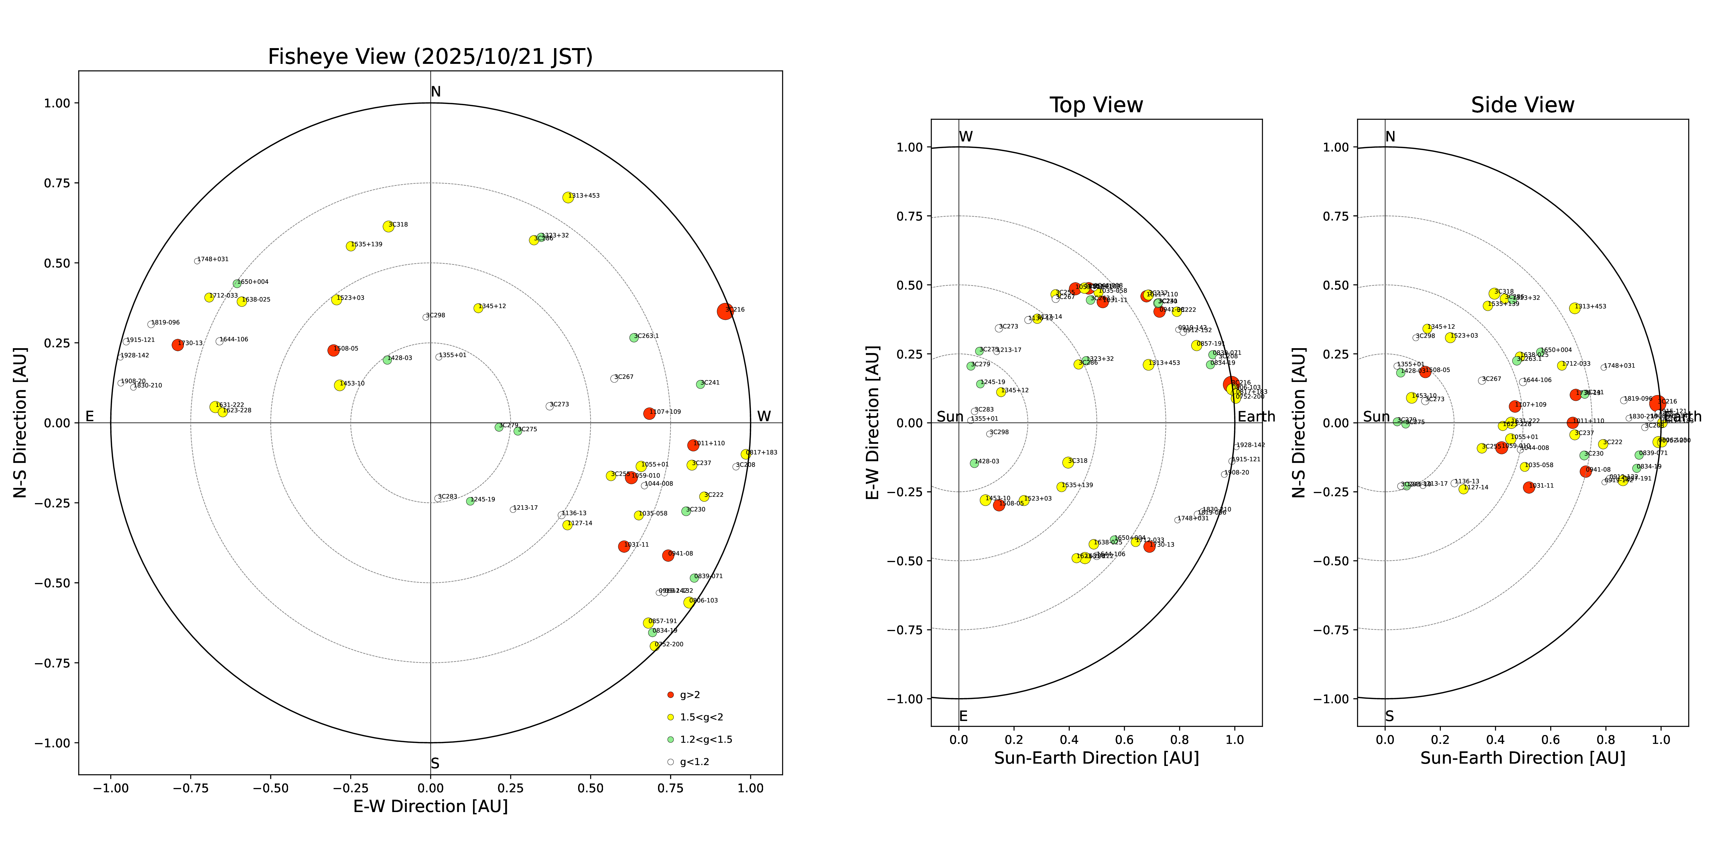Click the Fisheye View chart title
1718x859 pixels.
pyautogui.click(x=430, y=57)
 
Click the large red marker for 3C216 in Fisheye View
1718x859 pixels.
pyautogui.click(x=725, y=312)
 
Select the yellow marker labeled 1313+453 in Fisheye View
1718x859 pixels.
pyautogui.click(x=568, y=197)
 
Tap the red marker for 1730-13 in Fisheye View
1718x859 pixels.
pyautogui.click(x=178, y=345)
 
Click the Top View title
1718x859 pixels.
pyautogui.click(x=1096, y=105)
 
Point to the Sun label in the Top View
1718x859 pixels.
pyautogui.click(x=950, y=417)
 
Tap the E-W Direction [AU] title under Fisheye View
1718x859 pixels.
pyautogui.click(x=430, y=806)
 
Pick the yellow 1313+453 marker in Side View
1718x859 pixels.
pyautogui.click(x=1575, y=308)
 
